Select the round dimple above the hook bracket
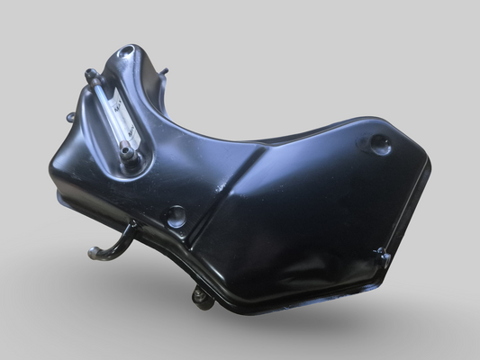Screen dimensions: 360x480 pos(176,216)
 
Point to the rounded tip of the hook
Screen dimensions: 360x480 pos(93,255)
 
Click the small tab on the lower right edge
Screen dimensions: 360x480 pos(383,256)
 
